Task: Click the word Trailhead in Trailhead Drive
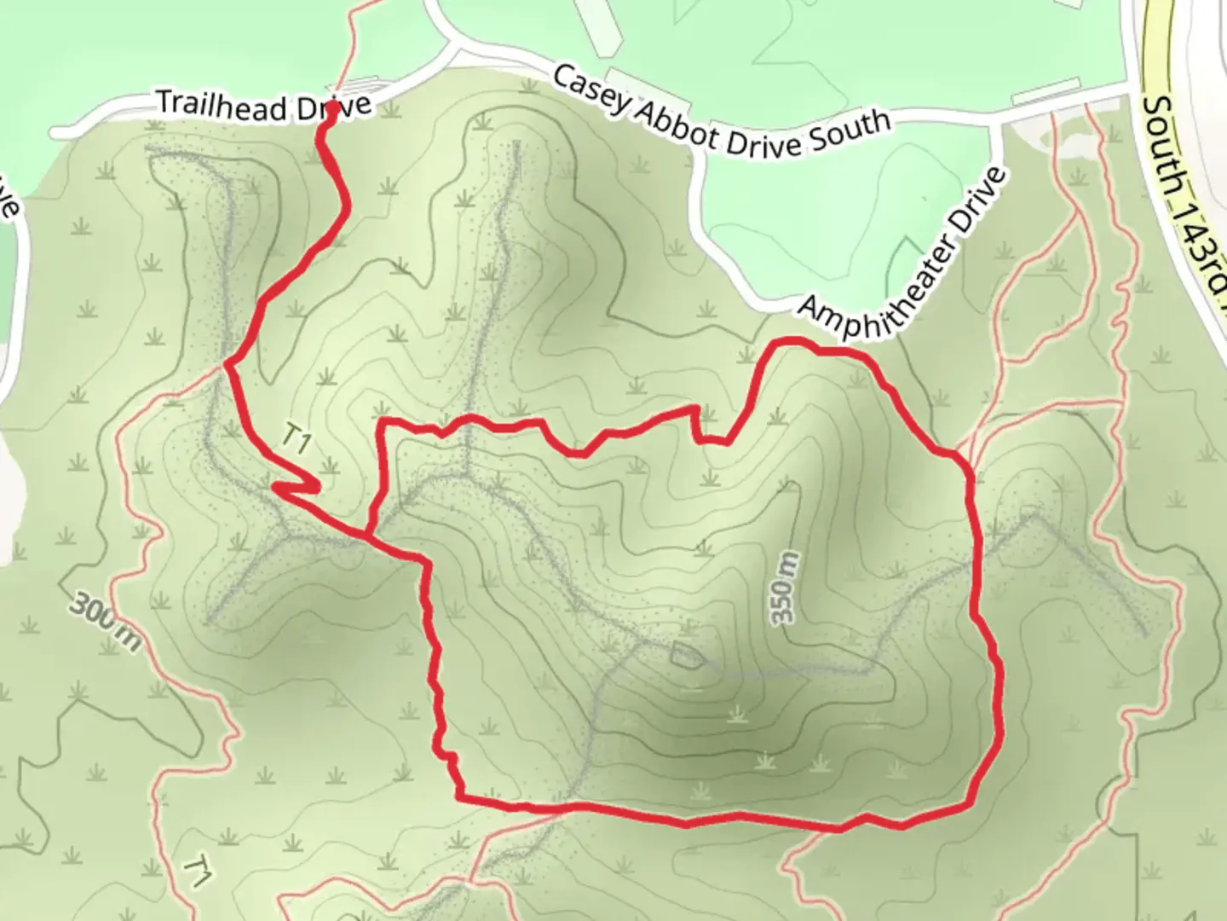coord(221,105)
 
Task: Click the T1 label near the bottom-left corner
coord(198,872)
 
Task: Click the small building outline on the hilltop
coord(686,656)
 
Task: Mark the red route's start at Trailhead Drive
coord(328,110)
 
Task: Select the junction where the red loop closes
coord(369,535)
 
